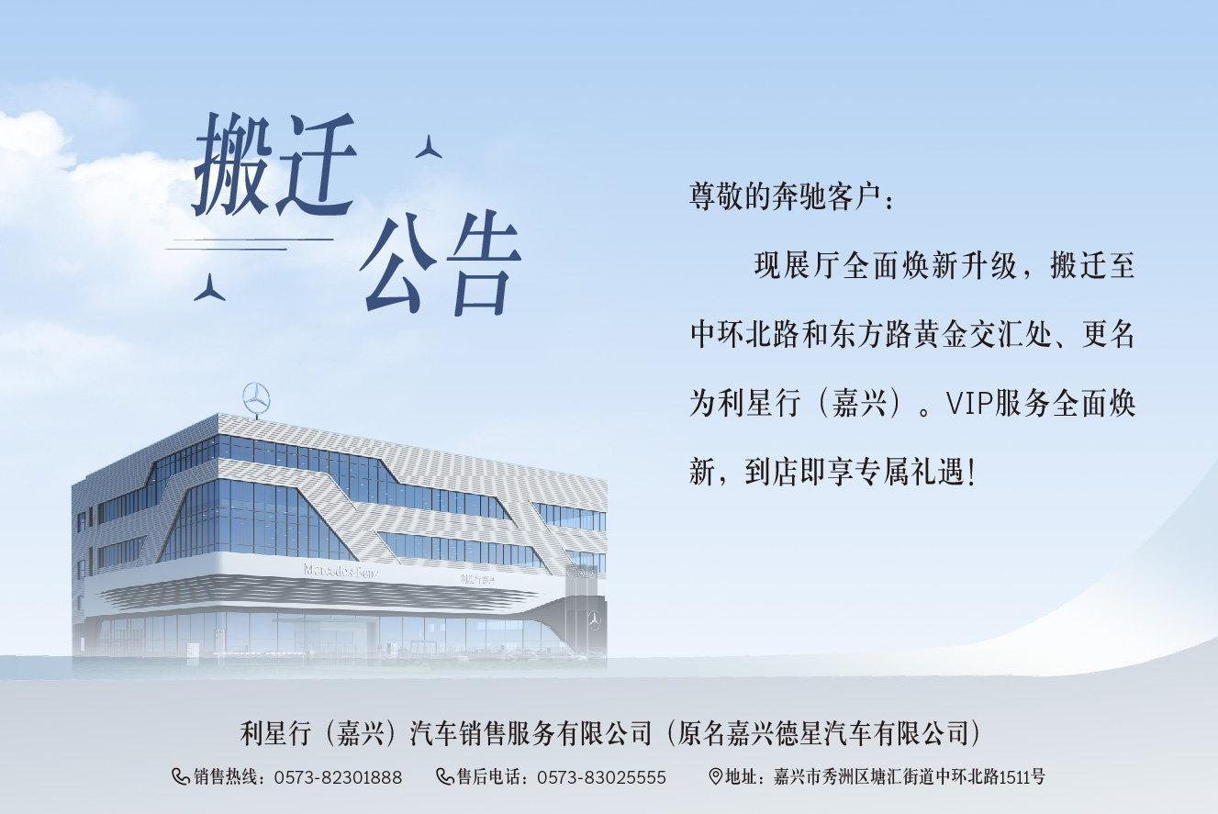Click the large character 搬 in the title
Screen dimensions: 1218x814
click(x=233, y=165)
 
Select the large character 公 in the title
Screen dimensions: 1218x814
click(x=399, y=262)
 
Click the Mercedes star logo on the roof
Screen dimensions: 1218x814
click(x=256, y=399)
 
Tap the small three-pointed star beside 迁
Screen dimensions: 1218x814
click(x=429, y=147)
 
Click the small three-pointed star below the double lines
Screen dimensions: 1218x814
click(x=209, y=287)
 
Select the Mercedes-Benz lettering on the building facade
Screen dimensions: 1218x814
click(x=341, y=571)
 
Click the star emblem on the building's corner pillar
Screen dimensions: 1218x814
click(x=594, y=619)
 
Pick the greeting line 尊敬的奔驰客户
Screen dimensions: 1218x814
click(x=785, y=196)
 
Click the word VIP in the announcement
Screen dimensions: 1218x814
click(x=969, y=403)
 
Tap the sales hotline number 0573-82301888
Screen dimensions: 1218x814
click(x=338, y=777)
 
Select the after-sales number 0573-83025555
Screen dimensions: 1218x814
click(x=601, y=777)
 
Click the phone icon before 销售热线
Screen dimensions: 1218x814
click(x=181, y=777)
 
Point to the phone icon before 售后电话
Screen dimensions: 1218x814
click(x=445, y=777)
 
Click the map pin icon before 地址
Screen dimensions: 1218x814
click(x=716, y=776)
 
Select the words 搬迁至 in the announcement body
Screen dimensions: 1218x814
click(x=1092, y=265)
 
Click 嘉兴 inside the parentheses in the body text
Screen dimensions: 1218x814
click(x=859, y=403)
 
